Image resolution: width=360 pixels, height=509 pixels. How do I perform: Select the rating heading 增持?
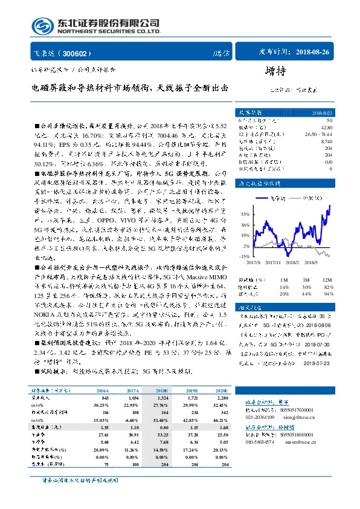pos(275,71)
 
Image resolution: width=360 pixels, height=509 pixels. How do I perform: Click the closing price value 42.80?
pos(328,128)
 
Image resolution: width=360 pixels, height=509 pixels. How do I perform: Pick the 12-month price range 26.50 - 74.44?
pos(320,134)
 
